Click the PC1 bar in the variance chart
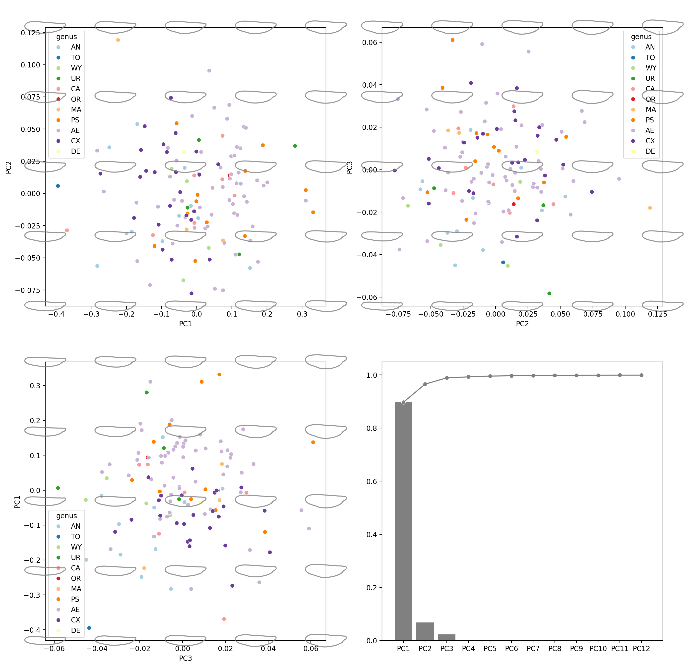[x=403, y=521]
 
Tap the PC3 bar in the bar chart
[x=446, y=637]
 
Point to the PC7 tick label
[x=533, y=648]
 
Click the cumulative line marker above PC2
[x=425, y=384]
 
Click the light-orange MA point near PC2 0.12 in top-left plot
[x=118, y=40]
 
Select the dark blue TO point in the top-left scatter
[x=58, y=186]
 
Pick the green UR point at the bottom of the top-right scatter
[x=549, y=293]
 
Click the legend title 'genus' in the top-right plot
[x=641, y=37]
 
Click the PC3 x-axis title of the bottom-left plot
[x=186, y=658]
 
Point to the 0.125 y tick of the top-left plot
[x=30, y=33]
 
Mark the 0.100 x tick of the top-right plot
[x=625, y=314]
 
